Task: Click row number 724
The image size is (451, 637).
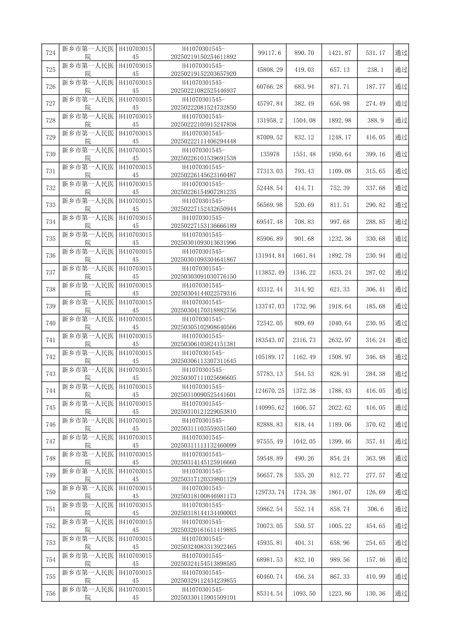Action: tap(50, 53)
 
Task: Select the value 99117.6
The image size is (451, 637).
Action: tap(269, 53)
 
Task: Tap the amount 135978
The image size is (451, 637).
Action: tap(269, 154)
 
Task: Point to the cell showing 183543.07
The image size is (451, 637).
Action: tap(269, 340)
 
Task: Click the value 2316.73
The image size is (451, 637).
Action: tap(304, 340)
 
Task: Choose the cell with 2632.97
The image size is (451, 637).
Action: tap(340, 340)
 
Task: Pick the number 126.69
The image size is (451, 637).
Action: tap(375, 492)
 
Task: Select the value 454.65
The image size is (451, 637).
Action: tap(375, 526)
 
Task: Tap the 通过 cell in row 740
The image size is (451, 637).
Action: tap(401, 323)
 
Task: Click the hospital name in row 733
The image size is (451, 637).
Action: tap(88, 205)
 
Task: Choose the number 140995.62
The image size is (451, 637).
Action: tap(269, 408)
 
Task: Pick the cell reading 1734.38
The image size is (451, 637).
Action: tap(304, 492)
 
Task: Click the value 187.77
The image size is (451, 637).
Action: tap(375, 87)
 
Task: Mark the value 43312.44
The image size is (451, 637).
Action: tap(269, 290)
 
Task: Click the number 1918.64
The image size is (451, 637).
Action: tap(340, 307)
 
